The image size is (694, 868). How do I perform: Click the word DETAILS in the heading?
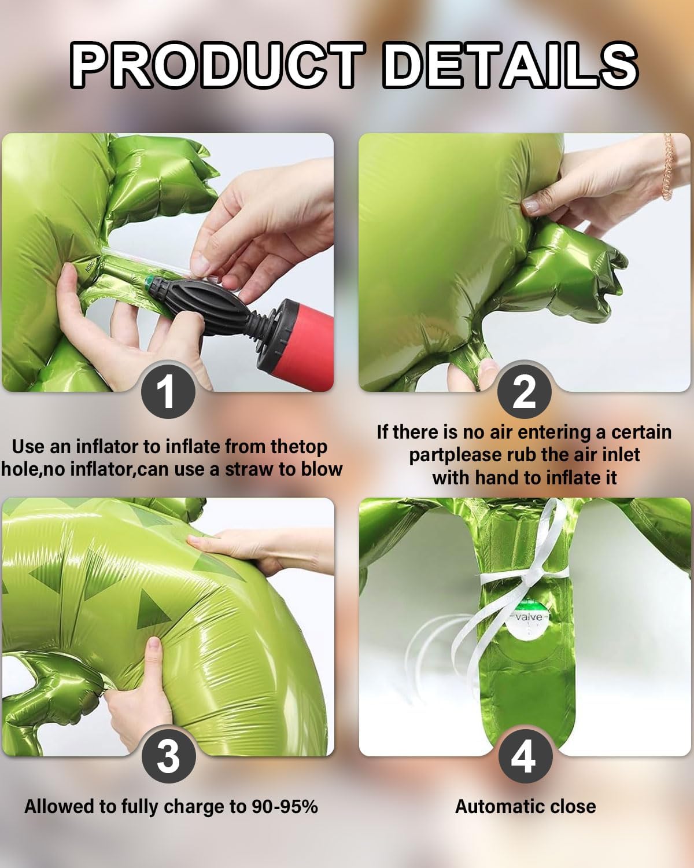pos(510,65)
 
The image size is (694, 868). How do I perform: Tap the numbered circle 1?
pos(168,391)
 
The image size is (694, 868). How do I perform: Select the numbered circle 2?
pos(524,391)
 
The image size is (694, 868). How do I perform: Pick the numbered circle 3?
pos(168,756)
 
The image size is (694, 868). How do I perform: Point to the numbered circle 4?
pos(525,756)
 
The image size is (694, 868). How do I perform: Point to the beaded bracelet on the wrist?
pos(668,167)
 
